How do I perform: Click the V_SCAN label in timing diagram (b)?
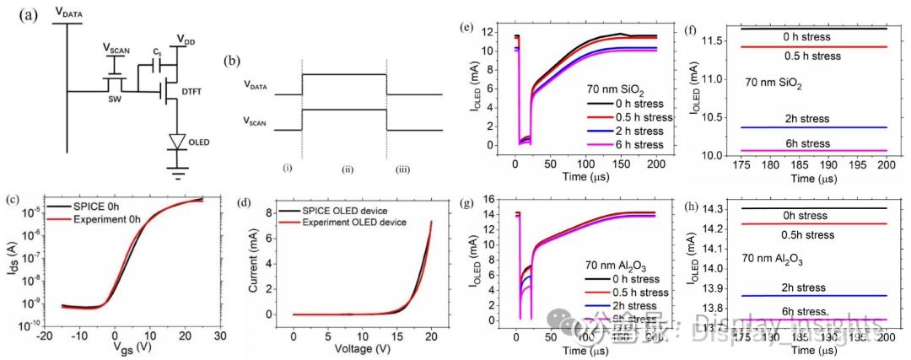click(258, 123)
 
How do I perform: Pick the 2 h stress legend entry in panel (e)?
click(629, 132)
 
